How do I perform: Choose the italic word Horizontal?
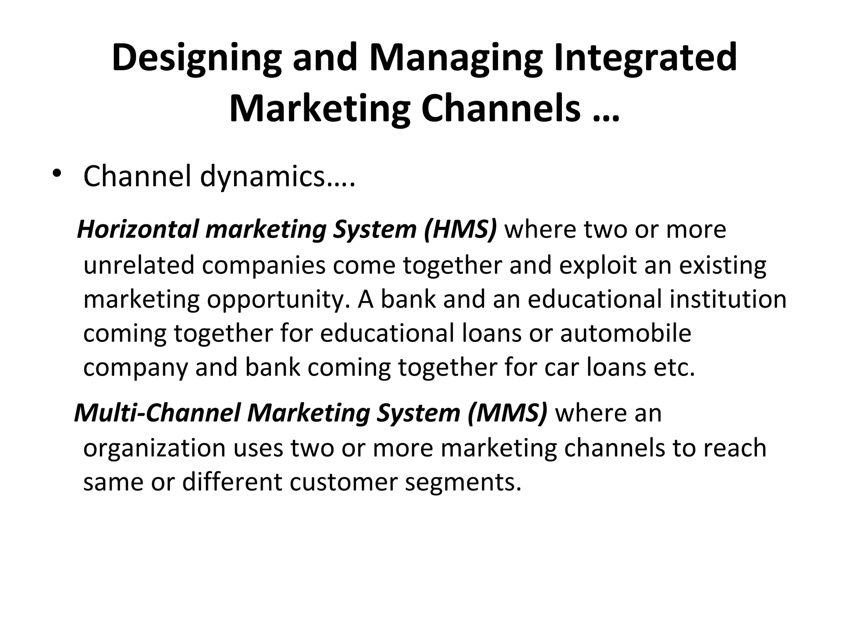[138, 229]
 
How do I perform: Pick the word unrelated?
[139, 265]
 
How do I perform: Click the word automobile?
[625, 333]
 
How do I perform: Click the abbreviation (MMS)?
[507, 413]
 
